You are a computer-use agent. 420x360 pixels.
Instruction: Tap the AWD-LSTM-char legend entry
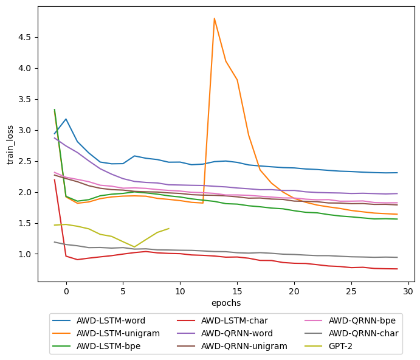click(234, 320)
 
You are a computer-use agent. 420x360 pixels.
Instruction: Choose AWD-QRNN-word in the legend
click(236, 333)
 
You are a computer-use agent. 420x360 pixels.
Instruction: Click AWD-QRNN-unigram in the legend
click(243, 346)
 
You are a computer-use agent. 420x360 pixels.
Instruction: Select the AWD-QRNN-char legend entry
click(363, 333)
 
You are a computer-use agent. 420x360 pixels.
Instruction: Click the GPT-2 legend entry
click(342, 346)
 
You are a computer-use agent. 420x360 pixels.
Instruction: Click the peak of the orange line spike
click(215, 18)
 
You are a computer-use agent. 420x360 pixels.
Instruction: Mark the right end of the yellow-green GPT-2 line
click(168, 229)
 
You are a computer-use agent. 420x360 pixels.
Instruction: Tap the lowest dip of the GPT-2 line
click(134, 247)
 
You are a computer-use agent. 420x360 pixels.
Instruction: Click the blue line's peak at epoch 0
click(66, 119)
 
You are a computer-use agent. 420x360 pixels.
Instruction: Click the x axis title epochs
click(226, 303)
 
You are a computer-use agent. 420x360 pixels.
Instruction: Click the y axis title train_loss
click(10, 145)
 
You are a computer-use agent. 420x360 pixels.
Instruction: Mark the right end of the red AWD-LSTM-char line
click(397, 269)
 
